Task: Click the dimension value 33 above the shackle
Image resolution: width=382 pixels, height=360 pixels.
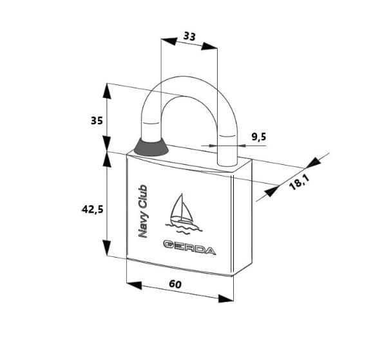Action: pyautogui.click(x=189, y=36)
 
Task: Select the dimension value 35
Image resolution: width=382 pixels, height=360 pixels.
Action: pyautogui.click(x=97, y=120)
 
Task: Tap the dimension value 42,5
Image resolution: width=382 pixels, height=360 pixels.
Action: pyautogui.click(x=93, y=209)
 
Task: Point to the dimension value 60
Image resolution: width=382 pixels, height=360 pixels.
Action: pyautogui.click(x=175, y=284)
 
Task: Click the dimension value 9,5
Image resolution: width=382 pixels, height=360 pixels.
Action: pyautogui.click(x=259, y=137)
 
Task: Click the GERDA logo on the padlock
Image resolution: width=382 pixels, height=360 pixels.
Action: pyautogui.click(x=189, y=248)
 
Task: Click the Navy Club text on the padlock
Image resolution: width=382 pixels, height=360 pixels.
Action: pyautogui.click(x=143, y=211)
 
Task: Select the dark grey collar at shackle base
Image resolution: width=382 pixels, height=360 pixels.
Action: pyautogui.click(x=151, y=147)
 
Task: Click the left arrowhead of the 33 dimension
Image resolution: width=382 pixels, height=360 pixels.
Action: pyautogui.click(x=169, y=41)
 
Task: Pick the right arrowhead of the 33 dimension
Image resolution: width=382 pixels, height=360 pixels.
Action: pyautogui.click(x=209, y=46)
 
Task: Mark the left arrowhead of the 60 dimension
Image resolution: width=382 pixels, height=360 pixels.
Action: pyautogui.click(x=134, y=285)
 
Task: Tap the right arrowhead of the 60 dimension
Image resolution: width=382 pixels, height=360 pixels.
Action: pyautogui.click(x=226, y=299)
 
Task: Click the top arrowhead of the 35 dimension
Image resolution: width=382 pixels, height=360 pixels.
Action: pyautogui.click(x=107, y=91)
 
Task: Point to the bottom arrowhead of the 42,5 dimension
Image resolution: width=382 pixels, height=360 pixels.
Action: pyautogui.click(x=107, y=248)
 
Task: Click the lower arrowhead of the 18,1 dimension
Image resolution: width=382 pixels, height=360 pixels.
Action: pyautogui.click(x=272, y=191)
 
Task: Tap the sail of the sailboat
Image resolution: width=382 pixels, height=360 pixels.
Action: pyautogui.click(x=182, y=207)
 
